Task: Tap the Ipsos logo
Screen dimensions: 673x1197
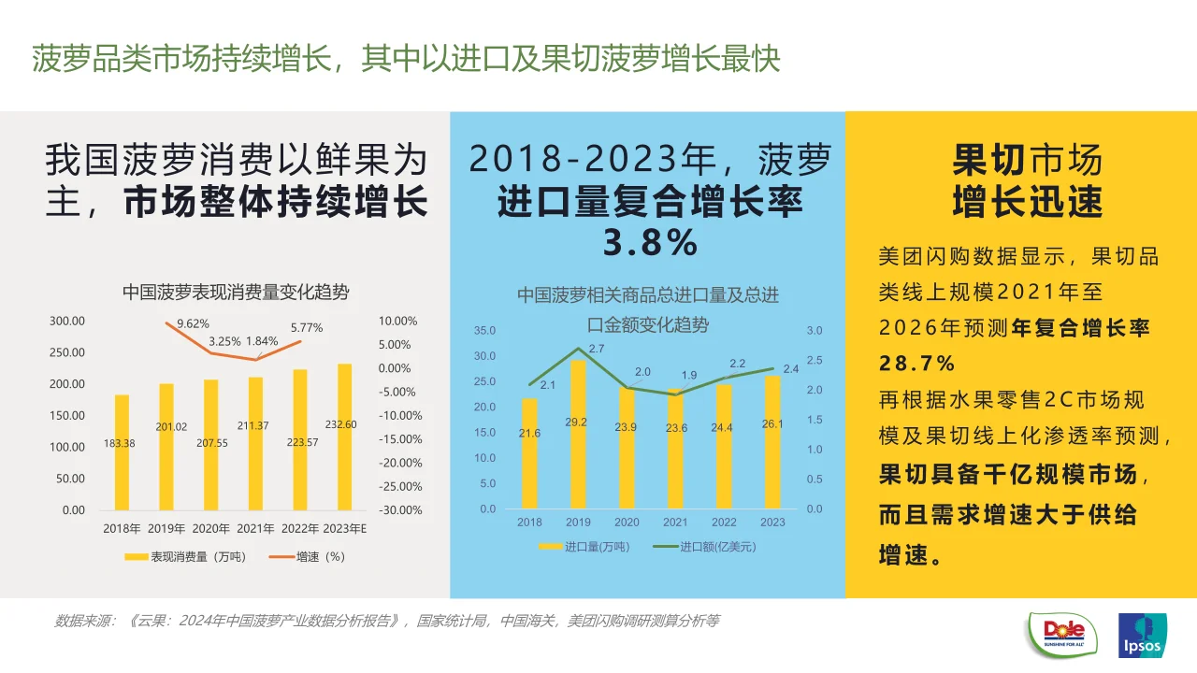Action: (1142, 637)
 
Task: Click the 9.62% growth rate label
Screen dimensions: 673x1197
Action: (194, 323)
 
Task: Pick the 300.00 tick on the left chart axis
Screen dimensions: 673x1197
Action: (67, 321)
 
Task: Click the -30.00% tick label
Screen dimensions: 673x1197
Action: (399, 510)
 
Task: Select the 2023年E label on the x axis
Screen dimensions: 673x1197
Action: (345, 529)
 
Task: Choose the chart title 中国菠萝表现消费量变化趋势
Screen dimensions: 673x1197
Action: (236, 293)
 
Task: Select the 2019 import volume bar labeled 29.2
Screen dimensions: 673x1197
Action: (578, 435)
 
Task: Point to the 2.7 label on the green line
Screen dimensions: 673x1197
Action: (596, 349)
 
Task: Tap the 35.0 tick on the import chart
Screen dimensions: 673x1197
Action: (484, 331)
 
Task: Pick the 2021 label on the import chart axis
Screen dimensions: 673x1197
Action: (675, 523)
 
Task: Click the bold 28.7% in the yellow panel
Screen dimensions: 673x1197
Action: (917, 363)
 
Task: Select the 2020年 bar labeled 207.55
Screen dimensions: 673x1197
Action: (211, 445)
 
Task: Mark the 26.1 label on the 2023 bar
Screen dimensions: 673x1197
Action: (772, 423)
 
